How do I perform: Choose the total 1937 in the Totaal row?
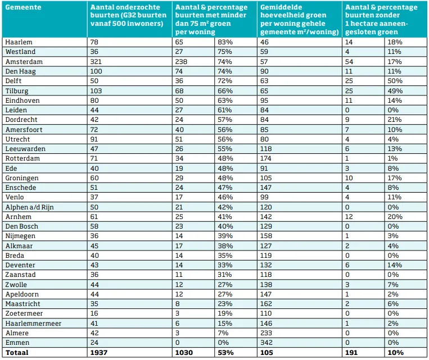(100, 352)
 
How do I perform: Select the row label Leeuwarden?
(25, 149)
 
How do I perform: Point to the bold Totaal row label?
(16, 352)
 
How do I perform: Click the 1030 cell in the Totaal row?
(186, 352)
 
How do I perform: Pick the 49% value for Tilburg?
(394, 90)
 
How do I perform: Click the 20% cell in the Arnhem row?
(394, 216)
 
